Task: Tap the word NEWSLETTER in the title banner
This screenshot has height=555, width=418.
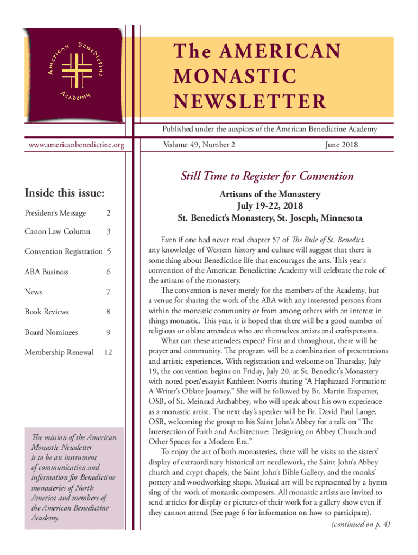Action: pos(250,101)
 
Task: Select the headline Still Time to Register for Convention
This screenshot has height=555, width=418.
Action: pos(267,176)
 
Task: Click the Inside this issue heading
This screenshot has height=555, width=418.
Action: pos(65,193)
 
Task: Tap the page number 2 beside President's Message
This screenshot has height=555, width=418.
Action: pos(109,213)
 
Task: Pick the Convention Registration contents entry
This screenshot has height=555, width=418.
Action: pos(64,251)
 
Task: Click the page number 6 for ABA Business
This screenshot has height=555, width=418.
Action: pos(109,272)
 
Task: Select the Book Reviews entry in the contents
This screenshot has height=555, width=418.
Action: pos(47,312)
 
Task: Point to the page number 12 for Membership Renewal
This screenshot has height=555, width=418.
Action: pos(108,352)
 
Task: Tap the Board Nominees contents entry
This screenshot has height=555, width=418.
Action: pos(51,332)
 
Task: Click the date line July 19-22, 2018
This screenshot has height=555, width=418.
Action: pos(270,206)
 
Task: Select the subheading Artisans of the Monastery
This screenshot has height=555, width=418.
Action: pos(270,194)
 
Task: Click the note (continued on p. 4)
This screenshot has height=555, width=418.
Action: pos(360,524)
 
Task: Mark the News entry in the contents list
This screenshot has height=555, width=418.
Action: pos(33,292)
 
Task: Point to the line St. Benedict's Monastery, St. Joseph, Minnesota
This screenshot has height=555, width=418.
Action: pos(270,218)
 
